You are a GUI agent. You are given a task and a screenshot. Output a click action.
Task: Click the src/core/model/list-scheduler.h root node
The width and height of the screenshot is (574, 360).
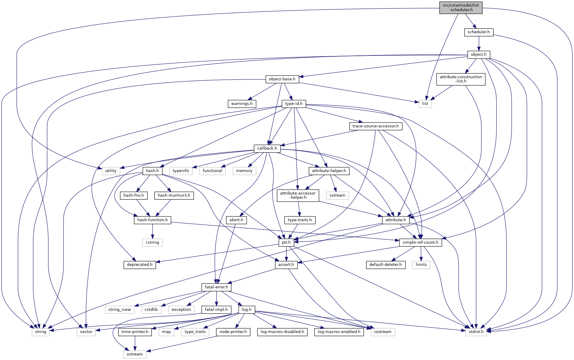461,7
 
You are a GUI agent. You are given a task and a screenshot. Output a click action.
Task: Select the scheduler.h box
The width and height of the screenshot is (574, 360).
478,32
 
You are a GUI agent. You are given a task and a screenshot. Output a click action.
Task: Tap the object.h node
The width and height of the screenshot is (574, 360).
479,55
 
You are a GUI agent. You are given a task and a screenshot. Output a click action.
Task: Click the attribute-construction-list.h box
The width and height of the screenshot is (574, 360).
461,79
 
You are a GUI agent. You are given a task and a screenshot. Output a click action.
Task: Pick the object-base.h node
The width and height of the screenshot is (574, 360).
282,79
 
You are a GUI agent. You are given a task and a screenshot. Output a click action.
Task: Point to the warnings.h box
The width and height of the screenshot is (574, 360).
242,104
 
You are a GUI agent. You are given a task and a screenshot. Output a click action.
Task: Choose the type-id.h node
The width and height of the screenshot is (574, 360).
294,104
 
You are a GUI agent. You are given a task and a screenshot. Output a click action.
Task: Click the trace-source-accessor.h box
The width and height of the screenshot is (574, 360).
375,126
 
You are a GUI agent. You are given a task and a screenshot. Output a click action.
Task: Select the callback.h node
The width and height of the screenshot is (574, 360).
267,148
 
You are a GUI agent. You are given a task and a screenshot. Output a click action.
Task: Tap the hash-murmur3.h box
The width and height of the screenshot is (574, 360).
174,195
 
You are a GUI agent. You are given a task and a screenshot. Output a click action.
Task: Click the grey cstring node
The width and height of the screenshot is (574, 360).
152,242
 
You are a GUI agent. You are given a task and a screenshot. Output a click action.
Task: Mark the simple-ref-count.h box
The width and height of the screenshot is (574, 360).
420,242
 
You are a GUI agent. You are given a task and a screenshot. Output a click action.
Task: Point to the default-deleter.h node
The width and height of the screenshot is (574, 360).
386,265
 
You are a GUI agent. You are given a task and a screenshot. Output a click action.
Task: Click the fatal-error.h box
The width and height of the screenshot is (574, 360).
216,287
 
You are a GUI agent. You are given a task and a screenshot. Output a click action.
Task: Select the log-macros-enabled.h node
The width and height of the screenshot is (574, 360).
339,332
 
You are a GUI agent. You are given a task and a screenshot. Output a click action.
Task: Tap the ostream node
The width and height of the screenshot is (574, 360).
135,354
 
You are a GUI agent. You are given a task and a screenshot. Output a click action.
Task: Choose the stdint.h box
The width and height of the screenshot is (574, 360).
476,332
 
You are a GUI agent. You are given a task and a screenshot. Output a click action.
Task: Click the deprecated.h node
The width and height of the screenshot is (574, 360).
140,265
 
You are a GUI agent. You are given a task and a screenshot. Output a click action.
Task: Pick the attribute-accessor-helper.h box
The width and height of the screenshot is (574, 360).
298,195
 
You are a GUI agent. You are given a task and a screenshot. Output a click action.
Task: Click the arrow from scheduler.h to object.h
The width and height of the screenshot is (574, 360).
479,43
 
